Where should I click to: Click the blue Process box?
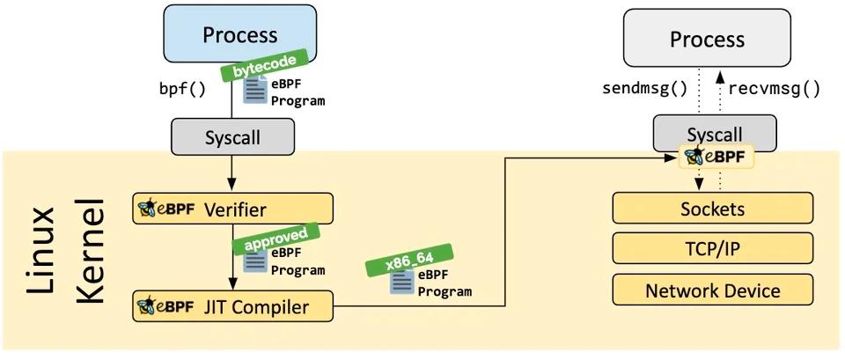pos(239,35)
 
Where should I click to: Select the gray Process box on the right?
pos(707,40)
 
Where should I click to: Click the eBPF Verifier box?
pos(233,209)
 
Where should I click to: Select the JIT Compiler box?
pos(233,307)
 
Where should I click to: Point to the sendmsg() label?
pos(644,89)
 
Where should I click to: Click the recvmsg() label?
pos(775,89)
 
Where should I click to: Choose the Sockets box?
pos(712,209)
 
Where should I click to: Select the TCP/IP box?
pos(712,249)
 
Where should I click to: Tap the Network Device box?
pos(712,290)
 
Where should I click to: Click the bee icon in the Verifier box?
pos(146,209)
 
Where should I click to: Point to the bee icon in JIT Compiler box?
pos(146,307)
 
